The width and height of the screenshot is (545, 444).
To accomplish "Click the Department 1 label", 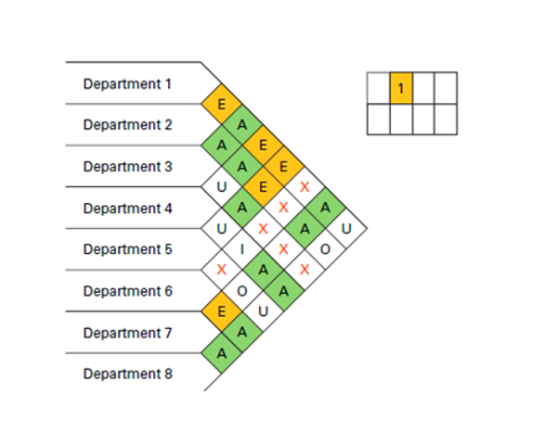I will point(127,83).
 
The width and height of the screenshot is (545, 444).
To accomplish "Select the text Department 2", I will point(127,125).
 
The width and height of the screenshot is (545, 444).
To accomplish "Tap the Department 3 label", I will point(127,167).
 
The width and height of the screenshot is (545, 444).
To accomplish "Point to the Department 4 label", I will point(127,209).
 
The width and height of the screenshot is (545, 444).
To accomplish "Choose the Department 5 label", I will point(127,249).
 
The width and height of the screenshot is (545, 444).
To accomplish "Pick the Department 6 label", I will point(127,291).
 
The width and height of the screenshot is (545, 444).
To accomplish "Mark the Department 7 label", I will point(127,333).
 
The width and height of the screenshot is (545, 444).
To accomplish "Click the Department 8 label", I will point(127,374).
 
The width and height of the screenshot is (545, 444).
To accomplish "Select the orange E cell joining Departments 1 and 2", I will point(222,104).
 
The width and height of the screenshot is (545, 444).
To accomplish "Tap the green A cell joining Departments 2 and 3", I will point(222,146).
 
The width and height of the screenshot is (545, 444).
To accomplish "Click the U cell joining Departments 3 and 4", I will point(222,187).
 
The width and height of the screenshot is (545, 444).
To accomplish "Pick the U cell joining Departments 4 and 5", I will point(222,228).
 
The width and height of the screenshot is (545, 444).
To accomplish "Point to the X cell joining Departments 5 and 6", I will point(222,270).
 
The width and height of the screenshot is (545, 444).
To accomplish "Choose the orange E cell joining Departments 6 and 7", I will point(222,311).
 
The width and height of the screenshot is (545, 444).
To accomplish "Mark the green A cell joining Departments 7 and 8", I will point(222,353).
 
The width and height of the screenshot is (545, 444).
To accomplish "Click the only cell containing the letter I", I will point(242,249).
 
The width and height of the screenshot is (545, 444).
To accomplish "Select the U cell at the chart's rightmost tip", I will point(346,228).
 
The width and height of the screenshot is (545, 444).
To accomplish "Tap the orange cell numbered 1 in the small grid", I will point(400,88).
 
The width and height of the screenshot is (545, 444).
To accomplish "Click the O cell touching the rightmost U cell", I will point(326,249).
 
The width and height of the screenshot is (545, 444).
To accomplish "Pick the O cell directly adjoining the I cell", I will point(242,291).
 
